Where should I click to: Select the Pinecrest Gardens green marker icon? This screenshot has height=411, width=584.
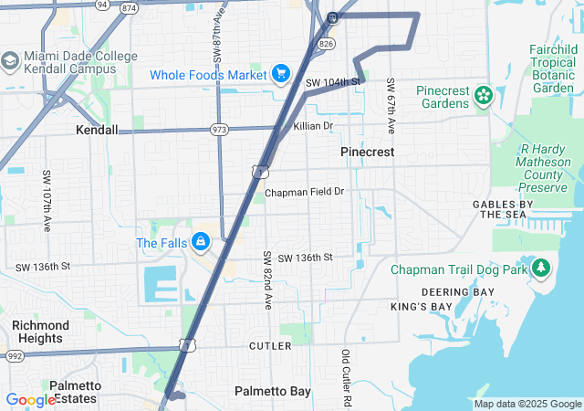click(482, 93)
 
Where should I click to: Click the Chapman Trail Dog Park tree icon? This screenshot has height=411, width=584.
click(542, 269)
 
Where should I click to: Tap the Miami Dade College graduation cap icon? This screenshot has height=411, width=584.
click(11, 61)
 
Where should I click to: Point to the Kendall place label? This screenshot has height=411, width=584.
click(97, 130)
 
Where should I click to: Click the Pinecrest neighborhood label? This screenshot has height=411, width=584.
click(367, 152)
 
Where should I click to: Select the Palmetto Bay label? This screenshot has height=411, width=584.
click(272, 391)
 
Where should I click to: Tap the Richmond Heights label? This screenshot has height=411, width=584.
click(40, 332)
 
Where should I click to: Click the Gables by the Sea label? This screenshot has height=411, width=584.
click(502, 209)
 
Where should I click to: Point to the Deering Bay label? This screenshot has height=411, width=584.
click(457, 291)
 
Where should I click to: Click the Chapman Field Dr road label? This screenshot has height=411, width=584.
click(304, 193)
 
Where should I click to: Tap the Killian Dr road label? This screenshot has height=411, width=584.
click(313, 125)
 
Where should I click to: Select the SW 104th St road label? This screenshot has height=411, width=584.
click(333, 82)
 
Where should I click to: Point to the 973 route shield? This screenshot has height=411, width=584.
click(219, 130)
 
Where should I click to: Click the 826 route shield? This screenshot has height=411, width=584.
click(327, 43)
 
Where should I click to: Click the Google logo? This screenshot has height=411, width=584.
click(31, 399)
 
